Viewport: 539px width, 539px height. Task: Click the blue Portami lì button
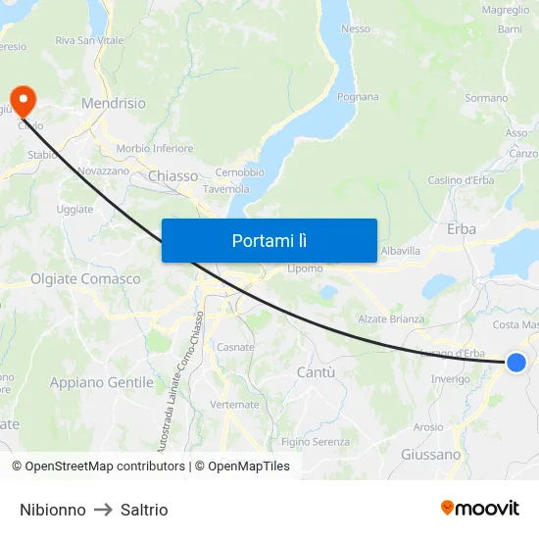tap(269, 240)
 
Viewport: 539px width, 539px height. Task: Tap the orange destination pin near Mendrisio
tap(22, 100)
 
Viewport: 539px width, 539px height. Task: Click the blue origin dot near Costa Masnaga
tap(516, 363)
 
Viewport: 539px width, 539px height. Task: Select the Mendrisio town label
tap(114, 103)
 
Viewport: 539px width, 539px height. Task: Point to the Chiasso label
tap(172, 175)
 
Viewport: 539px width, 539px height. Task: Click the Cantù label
tap(316, 372)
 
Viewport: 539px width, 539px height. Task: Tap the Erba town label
tap(461, 228)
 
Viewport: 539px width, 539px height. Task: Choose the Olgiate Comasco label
tap(85, 279)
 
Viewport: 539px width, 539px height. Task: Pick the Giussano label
tap(430, 455)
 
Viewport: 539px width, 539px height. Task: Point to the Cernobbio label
tap(240, 172)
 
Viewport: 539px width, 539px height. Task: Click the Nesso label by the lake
tap(356, 28)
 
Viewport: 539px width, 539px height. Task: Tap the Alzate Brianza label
tap(391, 319)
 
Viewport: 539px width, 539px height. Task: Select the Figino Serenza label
tap(316, 442)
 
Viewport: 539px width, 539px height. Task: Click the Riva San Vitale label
tap(89, 40)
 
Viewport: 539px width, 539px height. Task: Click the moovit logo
tap(480, 508)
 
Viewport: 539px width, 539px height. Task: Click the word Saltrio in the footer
tap(144, 510)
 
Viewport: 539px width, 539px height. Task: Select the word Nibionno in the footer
tap(53, 510)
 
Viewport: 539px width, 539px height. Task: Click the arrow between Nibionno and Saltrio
tap(103, 510)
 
